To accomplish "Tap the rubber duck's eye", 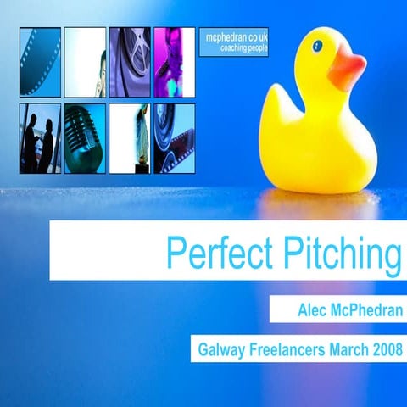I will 317,46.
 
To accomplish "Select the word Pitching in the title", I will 337,252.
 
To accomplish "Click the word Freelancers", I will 290,348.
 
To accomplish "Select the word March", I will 349,348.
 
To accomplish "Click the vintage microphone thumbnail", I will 85,138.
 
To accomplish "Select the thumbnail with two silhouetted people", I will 40,138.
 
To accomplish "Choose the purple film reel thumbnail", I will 129,62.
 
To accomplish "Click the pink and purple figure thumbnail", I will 174,62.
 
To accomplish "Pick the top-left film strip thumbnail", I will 40,62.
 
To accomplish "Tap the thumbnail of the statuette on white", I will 129,138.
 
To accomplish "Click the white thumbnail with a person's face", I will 85,62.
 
